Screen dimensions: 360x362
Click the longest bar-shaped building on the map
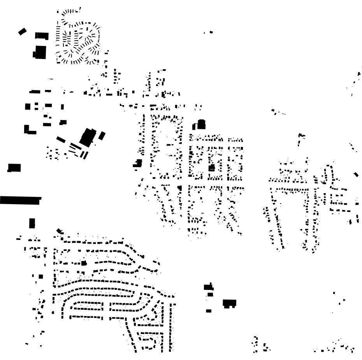20,200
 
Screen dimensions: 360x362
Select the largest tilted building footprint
88,137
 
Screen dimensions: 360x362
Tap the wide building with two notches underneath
230,303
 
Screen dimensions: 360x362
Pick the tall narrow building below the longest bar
32,223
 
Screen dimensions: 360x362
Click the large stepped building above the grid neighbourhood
200,125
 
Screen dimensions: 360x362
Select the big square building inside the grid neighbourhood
212,168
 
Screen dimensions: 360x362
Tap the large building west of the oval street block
137,163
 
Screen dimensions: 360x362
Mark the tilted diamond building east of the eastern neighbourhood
356,175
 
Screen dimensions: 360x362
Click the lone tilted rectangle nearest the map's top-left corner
22,32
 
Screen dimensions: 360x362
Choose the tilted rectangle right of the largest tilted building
102,136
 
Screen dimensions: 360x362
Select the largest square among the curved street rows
83,263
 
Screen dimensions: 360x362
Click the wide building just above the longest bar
14,168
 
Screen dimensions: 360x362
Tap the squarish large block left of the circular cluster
39,52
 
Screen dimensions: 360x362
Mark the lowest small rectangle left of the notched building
209,311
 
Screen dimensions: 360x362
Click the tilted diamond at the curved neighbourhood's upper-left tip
60,231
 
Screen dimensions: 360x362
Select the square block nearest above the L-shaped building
28,106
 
